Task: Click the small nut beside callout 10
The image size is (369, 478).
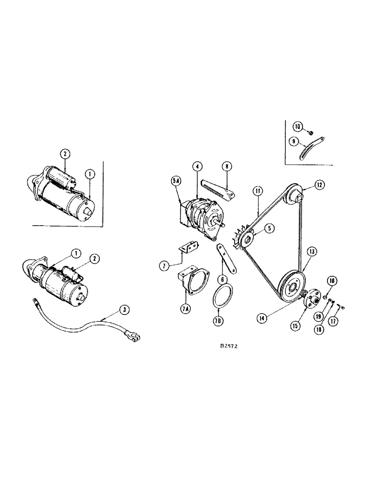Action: [309, 133]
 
